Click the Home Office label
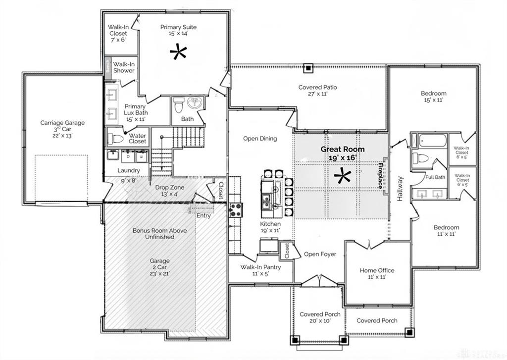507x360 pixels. point(377,270)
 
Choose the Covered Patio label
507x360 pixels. point(317,88)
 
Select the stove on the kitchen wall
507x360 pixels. point(235,210)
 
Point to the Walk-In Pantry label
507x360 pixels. point(260,267)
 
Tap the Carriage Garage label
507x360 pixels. point(62,123)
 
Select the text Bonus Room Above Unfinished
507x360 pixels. point(153,233)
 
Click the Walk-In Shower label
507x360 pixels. point(124,67)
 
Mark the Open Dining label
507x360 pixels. point(260,139)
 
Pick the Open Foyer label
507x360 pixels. point(320,254)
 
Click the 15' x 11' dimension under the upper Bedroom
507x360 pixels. point(433,100)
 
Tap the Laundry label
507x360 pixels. point(128,170)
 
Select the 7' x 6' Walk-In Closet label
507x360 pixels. point(118,33)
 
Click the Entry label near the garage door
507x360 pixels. point(203,215)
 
